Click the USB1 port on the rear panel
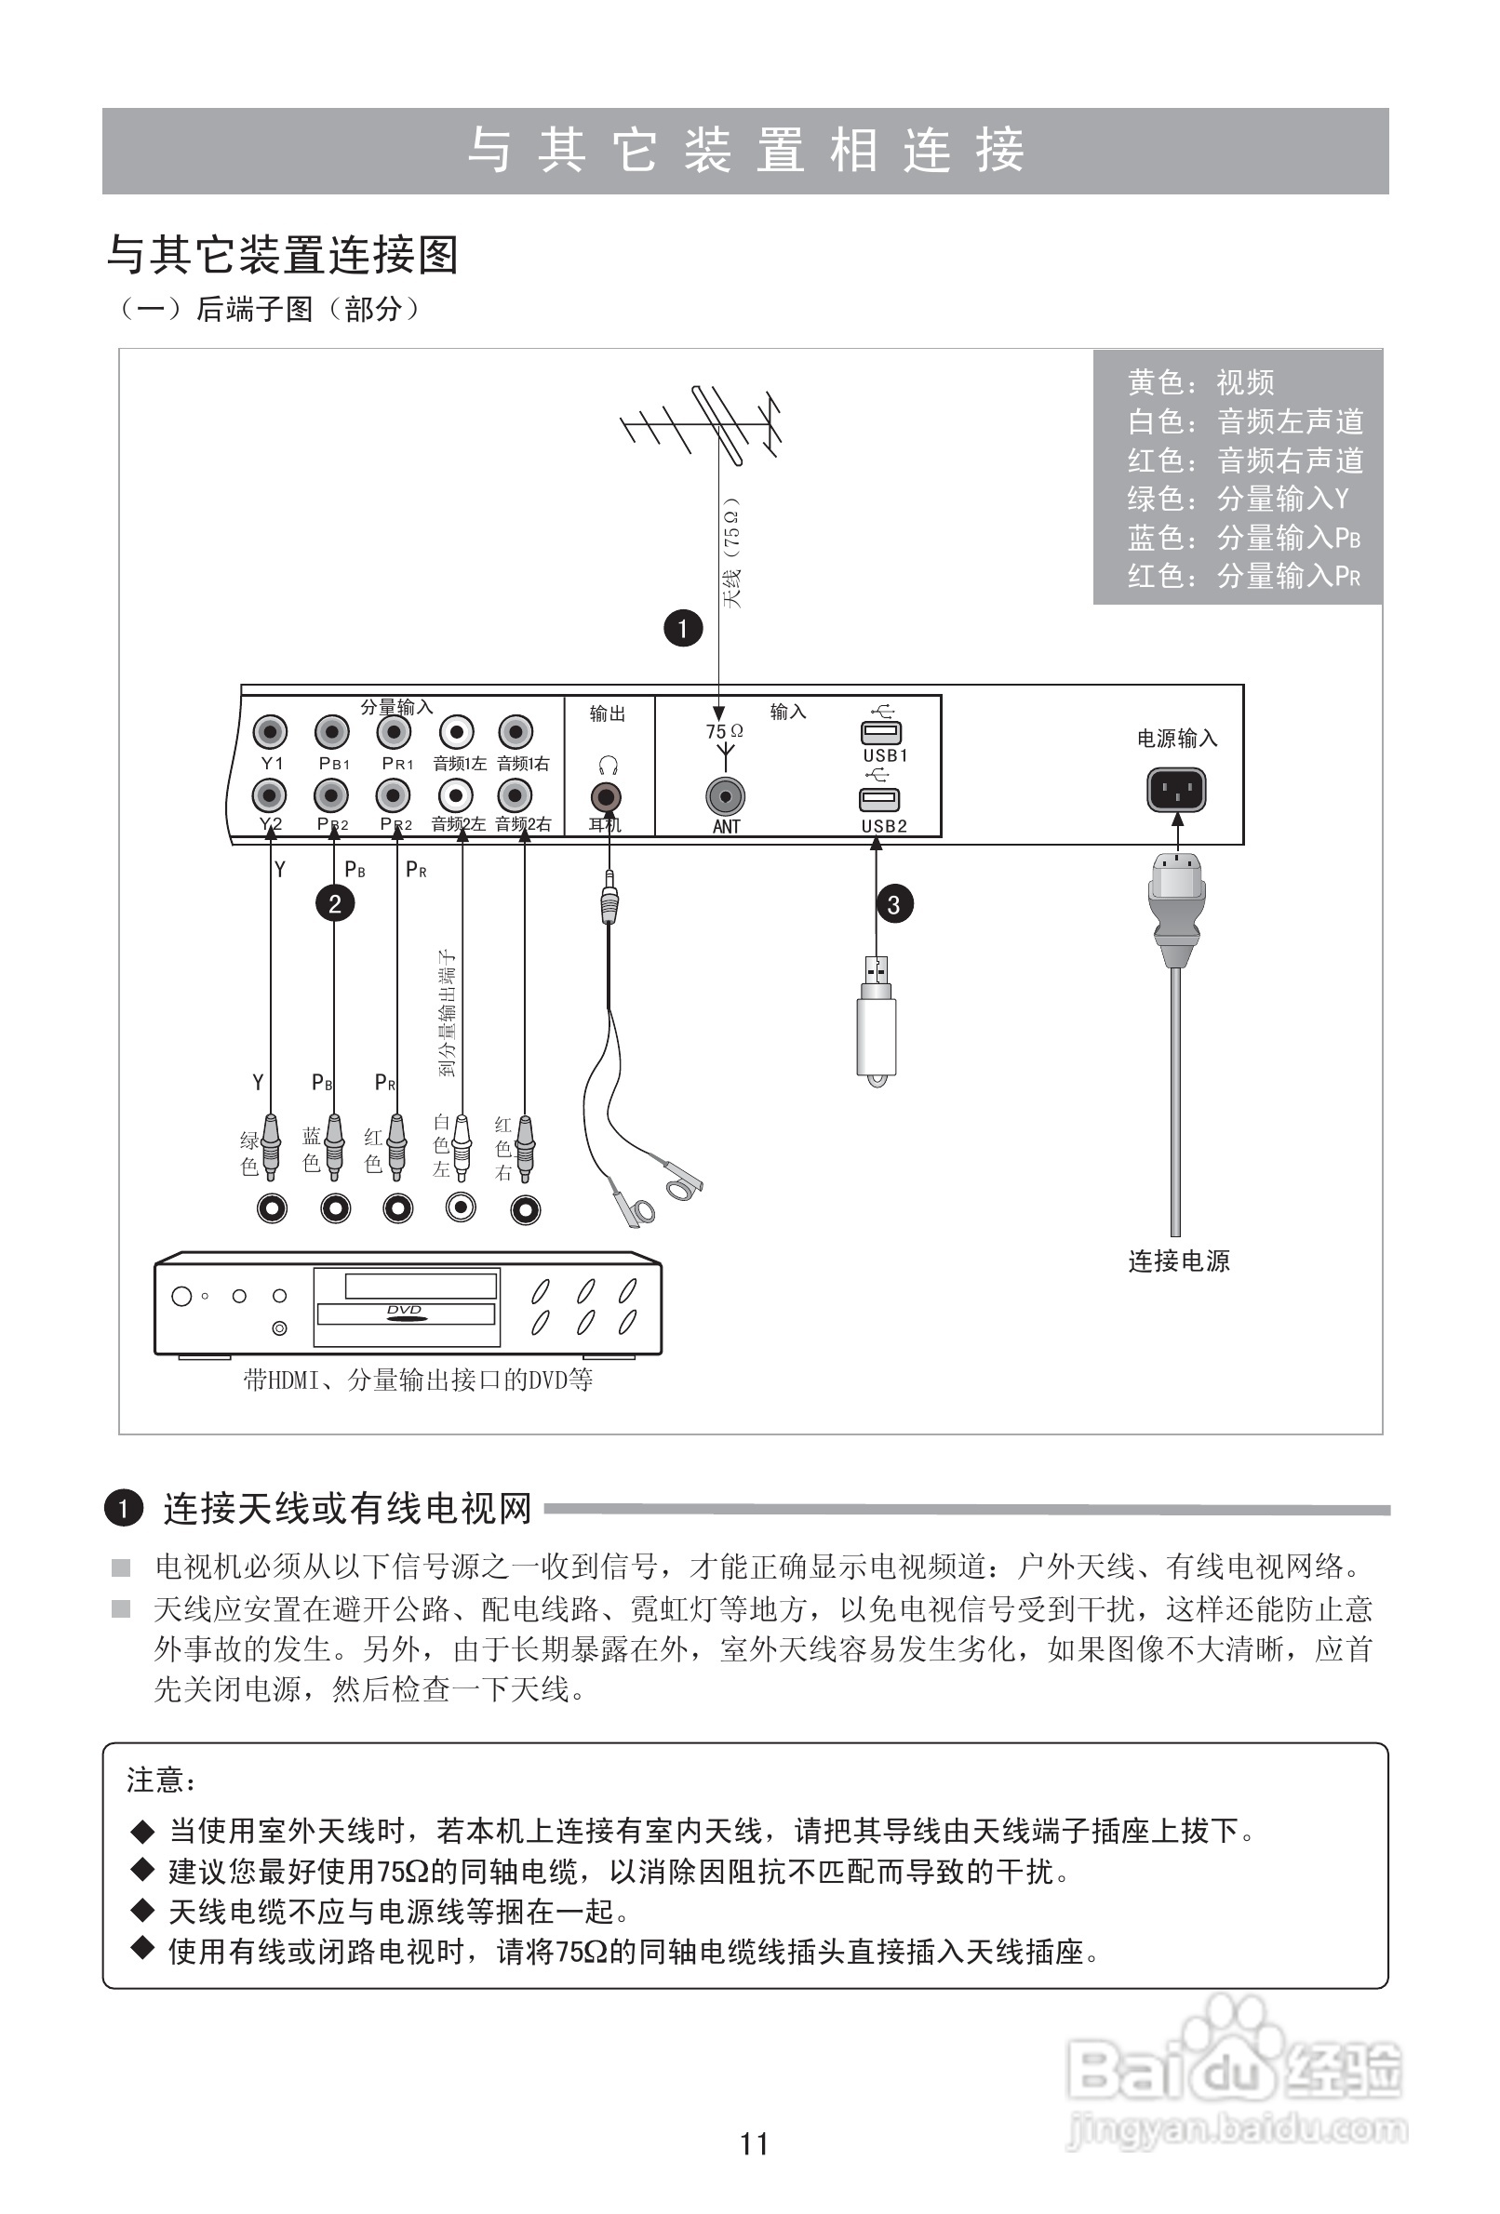879,733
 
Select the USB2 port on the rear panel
878,799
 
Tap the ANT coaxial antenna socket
725,796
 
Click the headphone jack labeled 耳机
606,796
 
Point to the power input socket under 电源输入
1176,790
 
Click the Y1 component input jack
271,732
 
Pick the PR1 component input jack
394,732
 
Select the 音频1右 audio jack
516,732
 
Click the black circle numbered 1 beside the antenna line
682,628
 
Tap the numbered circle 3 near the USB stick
893,904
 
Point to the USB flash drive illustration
876,1024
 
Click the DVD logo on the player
404,1312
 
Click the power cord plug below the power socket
1177,905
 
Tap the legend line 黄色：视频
1199,383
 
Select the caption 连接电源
1178,1260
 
